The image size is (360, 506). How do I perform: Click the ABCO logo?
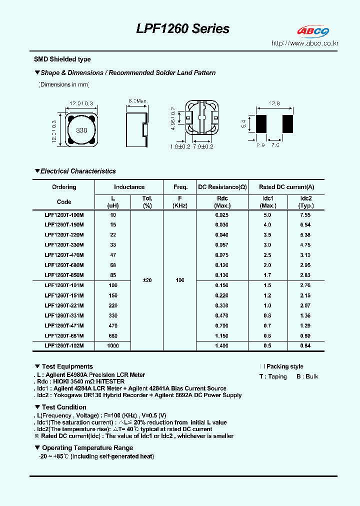(x=313, y=31)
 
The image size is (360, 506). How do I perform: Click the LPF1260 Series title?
(x=183, y=29)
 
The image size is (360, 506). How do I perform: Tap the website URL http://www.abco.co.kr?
(x=305, y=43)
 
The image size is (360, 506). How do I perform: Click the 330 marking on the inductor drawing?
(x=81, y=130)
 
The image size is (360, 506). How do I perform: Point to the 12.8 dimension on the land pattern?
(x=274, y=103)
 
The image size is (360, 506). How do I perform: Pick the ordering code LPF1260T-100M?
(x=64, y=214)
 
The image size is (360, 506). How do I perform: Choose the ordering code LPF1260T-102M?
(x=64, y=345)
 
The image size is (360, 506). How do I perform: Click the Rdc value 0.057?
(x=221, y=245)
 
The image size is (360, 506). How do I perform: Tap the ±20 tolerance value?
(x=147, y=280)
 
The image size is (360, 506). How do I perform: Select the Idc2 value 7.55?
(x=305, y=214)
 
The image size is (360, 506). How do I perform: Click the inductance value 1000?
(x=113, y=345)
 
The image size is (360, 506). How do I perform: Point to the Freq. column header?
(x=180, y=187)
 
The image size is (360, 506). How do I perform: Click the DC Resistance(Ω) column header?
(x=222, y=187)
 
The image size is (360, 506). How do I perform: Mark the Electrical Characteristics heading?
(x=77, y=171)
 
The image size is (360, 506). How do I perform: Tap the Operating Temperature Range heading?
(x=87, y=448)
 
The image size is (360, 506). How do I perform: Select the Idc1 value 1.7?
(x=267, y=275)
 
